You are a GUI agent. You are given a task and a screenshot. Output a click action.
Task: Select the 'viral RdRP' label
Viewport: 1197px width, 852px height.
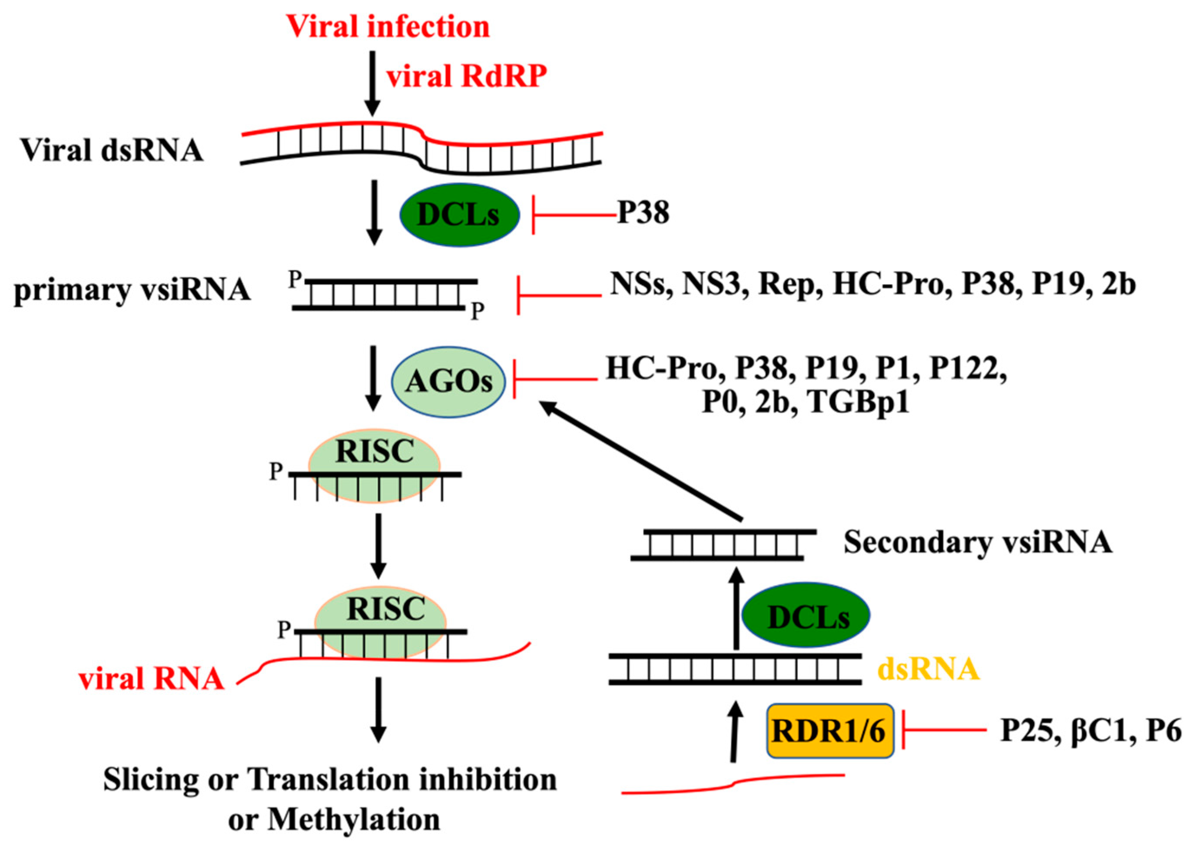tap(466, 76)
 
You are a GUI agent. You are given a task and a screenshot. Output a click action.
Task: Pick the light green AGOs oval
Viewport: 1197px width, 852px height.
tap(449, 382)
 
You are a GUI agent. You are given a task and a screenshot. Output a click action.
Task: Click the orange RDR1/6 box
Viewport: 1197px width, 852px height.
tap(829, 731)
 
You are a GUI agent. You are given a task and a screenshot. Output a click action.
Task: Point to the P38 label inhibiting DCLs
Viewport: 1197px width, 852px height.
tap(643, 213)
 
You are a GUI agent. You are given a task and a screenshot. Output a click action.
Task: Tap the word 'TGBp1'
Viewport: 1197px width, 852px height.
tap(859, 403)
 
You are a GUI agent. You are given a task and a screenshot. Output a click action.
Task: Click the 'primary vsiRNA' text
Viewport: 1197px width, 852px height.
tap(132, 290)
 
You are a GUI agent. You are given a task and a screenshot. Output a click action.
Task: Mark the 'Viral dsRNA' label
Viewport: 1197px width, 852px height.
tap(112, 151)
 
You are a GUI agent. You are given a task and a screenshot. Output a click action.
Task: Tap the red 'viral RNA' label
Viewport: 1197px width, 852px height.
tap(152, 680)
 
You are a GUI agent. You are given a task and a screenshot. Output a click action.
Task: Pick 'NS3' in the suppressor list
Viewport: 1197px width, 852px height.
tap(714, 285)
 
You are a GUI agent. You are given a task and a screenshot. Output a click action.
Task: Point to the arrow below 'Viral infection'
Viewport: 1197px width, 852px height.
tap(372, 83)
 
